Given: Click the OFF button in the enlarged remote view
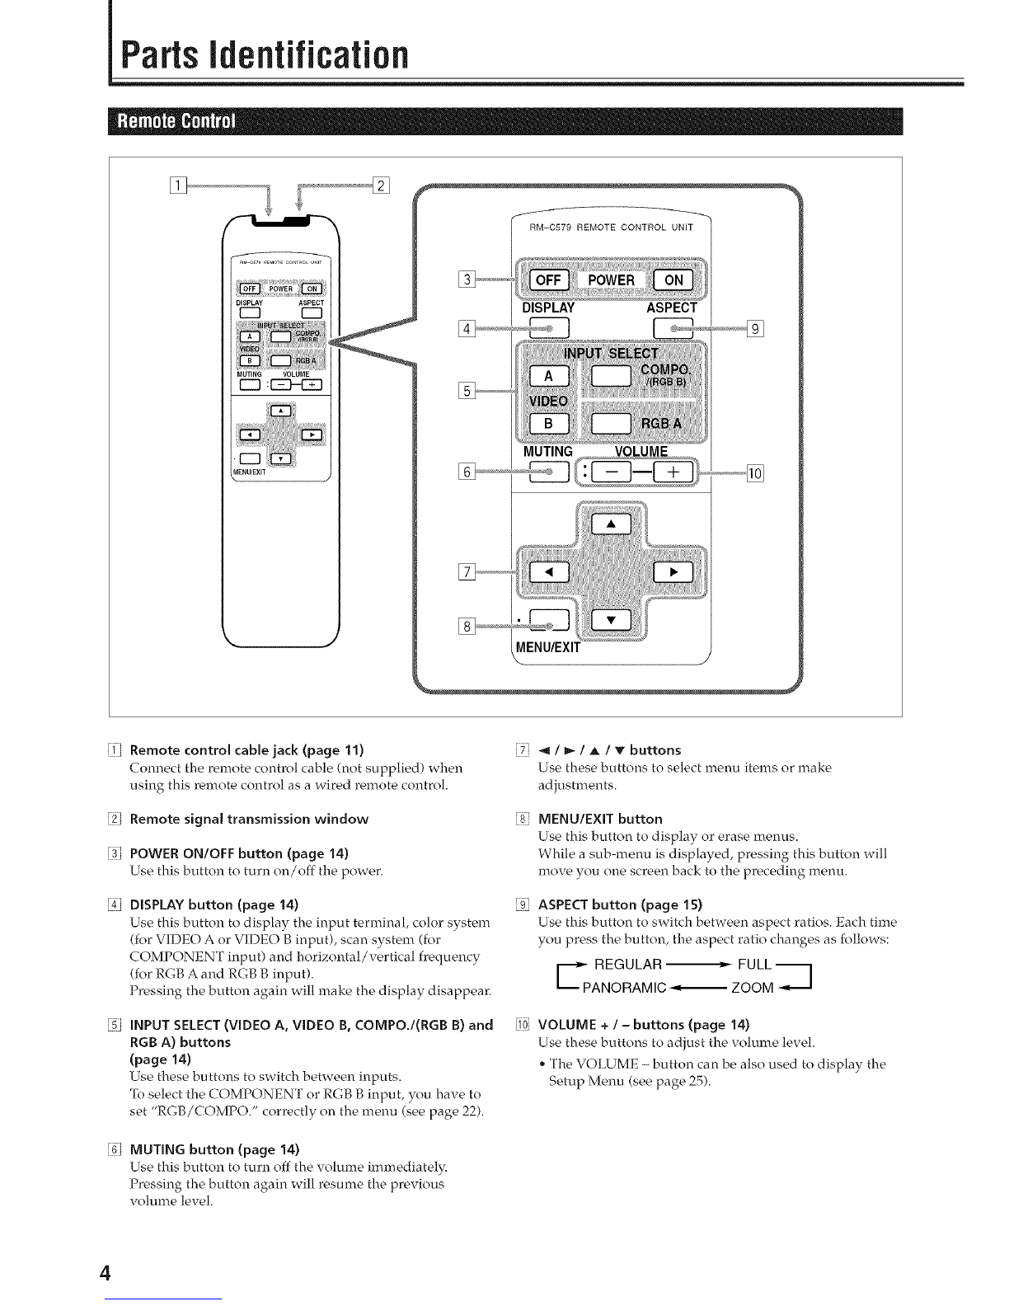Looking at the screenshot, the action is coord(548,280).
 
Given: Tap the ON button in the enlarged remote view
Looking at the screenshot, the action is coord(673,280).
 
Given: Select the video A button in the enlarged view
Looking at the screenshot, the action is coord(549,376).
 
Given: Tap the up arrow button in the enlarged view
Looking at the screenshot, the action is coord(611,524).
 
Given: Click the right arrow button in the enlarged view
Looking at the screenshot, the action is coord(673,571).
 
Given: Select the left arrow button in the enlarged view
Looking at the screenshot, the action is coord(549,571).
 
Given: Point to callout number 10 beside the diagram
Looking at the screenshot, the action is coord(755,473).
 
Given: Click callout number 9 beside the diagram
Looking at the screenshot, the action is coord(755,329).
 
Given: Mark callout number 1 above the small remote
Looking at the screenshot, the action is coord(179,186).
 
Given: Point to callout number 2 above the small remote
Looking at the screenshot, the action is coord(381,186).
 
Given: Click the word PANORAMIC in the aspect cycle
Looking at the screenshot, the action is coord(624,988).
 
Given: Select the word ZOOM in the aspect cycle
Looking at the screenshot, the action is coord(752,988).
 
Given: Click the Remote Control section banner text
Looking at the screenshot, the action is coord(176,121).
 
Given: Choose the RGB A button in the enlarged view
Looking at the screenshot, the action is coord(611,424).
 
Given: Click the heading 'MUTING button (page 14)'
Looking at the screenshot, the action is coord(214,1149).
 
